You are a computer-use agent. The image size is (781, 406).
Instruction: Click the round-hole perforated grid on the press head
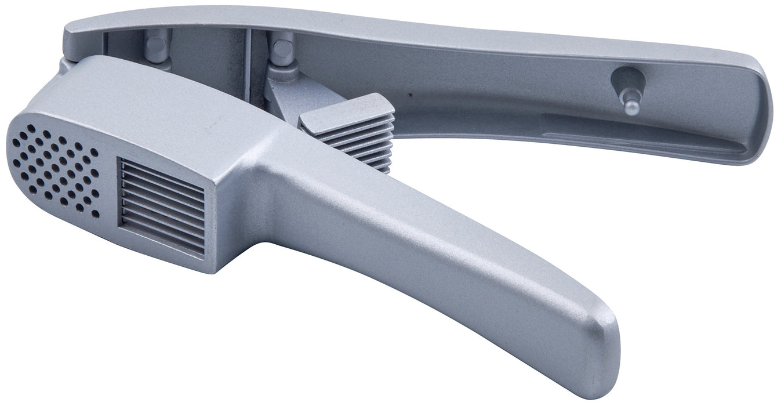56,168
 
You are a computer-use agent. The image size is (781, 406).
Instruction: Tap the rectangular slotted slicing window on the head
162,206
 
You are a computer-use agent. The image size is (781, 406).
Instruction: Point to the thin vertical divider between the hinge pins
248,58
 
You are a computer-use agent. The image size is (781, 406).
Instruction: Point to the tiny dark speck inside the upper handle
410,93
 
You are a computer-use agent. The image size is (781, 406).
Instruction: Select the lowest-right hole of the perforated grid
96,215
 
